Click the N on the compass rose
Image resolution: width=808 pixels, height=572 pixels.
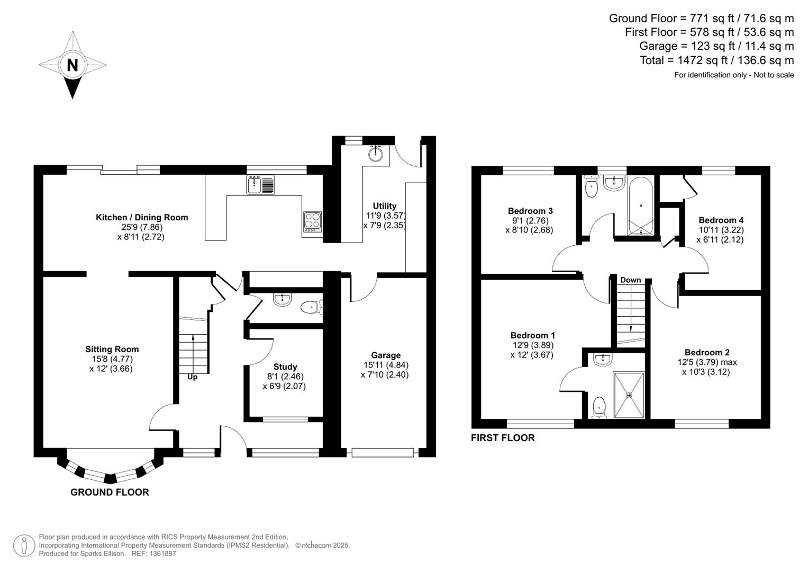72,65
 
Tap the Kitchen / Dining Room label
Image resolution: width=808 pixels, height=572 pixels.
142,217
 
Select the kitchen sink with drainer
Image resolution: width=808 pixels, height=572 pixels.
260,185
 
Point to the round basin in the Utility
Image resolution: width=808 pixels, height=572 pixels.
376,154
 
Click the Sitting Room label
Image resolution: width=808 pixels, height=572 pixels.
112,349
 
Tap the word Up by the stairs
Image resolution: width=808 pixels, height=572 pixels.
193,377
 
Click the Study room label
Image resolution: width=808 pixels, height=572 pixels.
285,367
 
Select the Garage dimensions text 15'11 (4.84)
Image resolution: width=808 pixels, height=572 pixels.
386,365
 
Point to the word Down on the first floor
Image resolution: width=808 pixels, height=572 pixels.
631,280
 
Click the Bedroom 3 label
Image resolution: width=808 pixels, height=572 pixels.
530,211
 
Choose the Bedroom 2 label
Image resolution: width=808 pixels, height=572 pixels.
707,352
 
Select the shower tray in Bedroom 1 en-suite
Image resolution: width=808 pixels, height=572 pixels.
629,395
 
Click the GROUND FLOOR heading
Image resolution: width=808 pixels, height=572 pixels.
110,492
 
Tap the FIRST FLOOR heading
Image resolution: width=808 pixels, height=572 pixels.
503,437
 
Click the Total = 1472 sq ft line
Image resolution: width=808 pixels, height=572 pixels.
716,60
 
